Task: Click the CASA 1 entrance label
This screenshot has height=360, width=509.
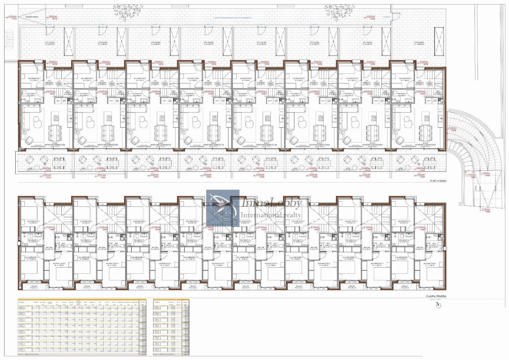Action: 49,25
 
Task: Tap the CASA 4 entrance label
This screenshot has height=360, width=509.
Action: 208,25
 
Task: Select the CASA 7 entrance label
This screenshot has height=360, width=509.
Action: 367,25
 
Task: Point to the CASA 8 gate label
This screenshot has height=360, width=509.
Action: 387,17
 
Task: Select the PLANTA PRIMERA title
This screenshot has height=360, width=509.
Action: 436,296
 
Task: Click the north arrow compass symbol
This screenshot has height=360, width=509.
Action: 439,305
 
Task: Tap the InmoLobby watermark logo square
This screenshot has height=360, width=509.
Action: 223,208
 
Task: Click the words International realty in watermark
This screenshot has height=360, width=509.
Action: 270,215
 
